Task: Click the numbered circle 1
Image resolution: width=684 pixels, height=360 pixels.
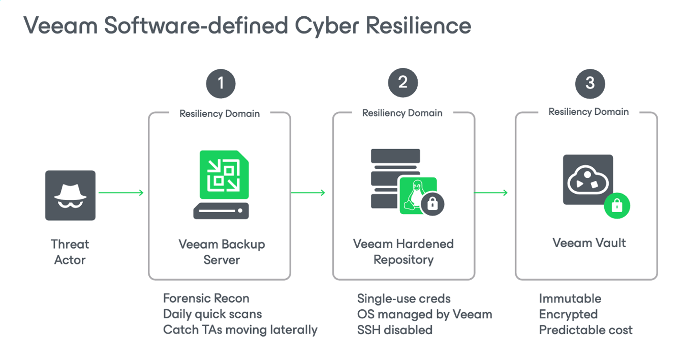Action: coord(221,84)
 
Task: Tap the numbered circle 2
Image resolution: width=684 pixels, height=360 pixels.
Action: coord(403,83)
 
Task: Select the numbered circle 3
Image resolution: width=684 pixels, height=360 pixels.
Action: coord(590,84)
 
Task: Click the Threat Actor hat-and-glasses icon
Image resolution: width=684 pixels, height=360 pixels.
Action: coord(70,195)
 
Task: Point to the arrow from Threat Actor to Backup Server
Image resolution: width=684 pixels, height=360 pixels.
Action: coord(121,193)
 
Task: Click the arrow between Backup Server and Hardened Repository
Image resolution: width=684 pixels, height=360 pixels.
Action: coord(308,193)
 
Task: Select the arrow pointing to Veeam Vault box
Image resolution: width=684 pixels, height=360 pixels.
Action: coord(491,193)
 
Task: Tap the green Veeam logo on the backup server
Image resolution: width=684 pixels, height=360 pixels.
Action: coord(224,175)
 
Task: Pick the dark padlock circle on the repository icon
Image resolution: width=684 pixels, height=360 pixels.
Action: coord(432,204)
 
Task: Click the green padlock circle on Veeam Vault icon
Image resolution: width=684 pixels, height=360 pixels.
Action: coord(617,206)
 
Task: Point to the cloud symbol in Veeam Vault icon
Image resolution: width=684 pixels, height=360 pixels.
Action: coord(588,180)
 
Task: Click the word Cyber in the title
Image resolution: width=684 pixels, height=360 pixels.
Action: coord(327,26)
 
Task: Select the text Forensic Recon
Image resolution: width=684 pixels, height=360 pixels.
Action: coord(206,298)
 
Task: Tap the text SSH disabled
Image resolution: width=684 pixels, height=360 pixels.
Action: coord(395,330)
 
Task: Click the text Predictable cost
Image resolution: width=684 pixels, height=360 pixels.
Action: coord(585,330)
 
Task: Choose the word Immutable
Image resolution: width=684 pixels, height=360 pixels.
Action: coord(570,298)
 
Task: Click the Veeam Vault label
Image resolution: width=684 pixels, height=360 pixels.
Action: coord(589,243)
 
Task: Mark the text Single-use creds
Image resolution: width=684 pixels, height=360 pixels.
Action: coord(404,298)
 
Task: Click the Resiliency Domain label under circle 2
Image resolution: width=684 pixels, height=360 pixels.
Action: coord(402,113)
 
